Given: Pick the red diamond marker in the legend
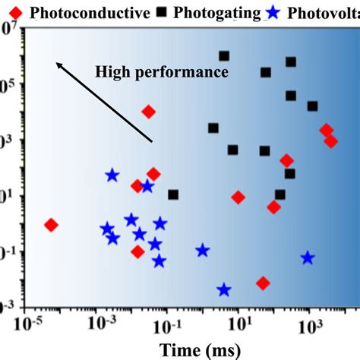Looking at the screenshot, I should [10, 12].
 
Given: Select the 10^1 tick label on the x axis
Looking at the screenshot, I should [238, 325].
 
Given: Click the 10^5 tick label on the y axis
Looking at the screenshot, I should [8, 85].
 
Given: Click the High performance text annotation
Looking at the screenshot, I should [162, 72].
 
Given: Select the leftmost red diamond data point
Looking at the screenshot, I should [52, 225].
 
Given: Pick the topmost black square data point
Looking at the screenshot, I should [224, 56].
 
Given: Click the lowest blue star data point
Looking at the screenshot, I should [224, 289].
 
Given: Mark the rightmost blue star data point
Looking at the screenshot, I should [308, 258].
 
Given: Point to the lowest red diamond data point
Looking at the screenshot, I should [263, 283].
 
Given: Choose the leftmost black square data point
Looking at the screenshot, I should [173, 195].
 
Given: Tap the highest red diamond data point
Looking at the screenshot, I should [149, 112].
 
